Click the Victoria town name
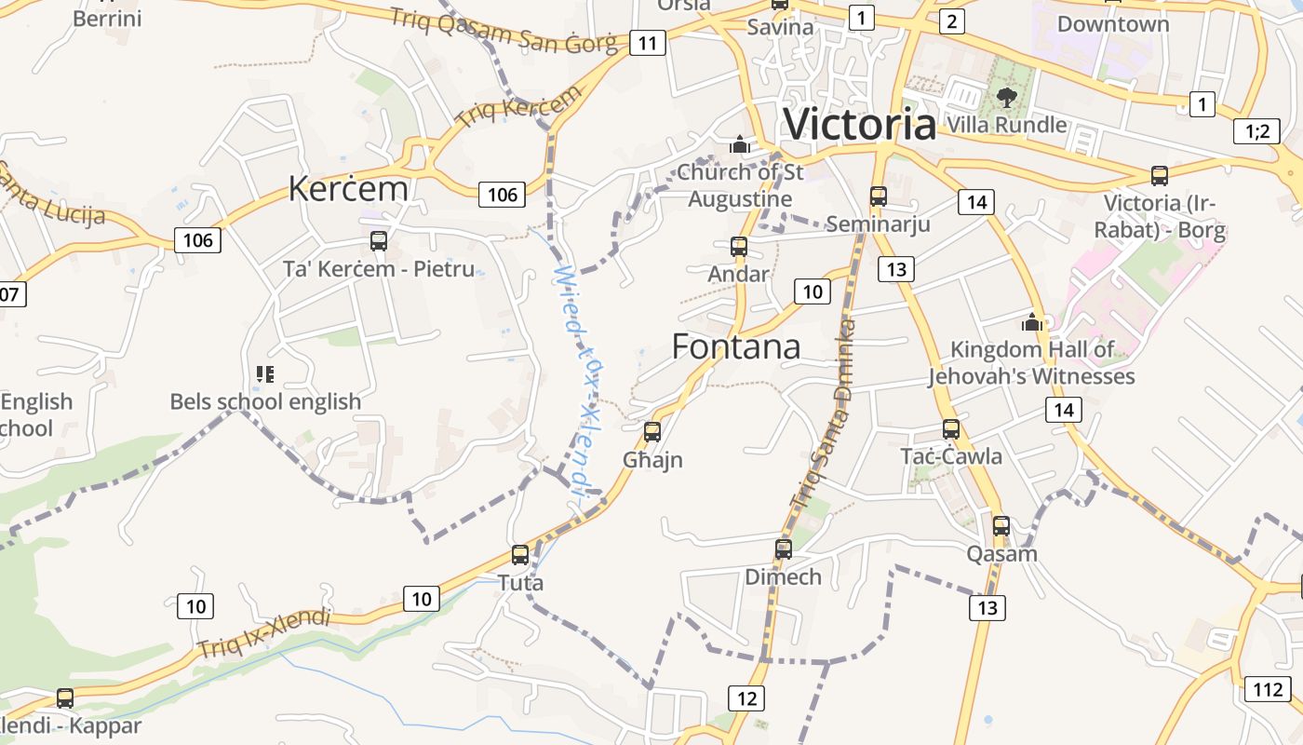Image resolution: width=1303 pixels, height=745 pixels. [x=859, y=124]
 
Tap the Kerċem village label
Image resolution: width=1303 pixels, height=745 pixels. [x=348, y=188]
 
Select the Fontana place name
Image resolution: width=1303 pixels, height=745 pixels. [x=735, y=346]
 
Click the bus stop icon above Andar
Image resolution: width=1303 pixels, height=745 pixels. [x=739, y=247]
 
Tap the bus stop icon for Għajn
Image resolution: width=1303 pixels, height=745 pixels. [x=652, y=431]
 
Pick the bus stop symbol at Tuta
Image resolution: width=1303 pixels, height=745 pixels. [x=520, y=555]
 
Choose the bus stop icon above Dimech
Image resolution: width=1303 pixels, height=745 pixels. [x=784, y=549]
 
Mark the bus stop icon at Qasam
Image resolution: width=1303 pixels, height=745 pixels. [x=1001, y=526]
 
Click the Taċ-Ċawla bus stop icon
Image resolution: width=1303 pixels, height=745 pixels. [x=951, y=429]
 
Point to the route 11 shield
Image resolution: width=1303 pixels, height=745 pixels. [x=648, y=42]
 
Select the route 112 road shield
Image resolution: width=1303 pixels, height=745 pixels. [x=1268, y=689]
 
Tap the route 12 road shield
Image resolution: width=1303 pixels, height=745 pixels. [x=746, y=698]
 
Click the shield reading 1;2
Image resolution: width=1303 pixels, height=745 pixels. [x=1256, y=131]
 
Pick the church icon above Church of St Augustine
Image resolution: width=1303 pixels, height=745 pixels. [x=740, y=144]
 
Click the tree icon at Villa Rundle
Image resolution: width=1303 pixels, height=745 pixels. [x=1006, y=96]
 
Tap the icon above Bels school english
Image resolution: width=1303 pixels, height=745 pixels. [x=265, y=374]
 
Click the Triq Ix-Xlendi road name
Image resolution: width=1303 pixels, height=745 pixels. [x=264, y=633]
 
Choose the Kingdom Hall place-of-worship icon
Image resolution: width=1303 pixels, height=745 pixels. [x=1031, y=322]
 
